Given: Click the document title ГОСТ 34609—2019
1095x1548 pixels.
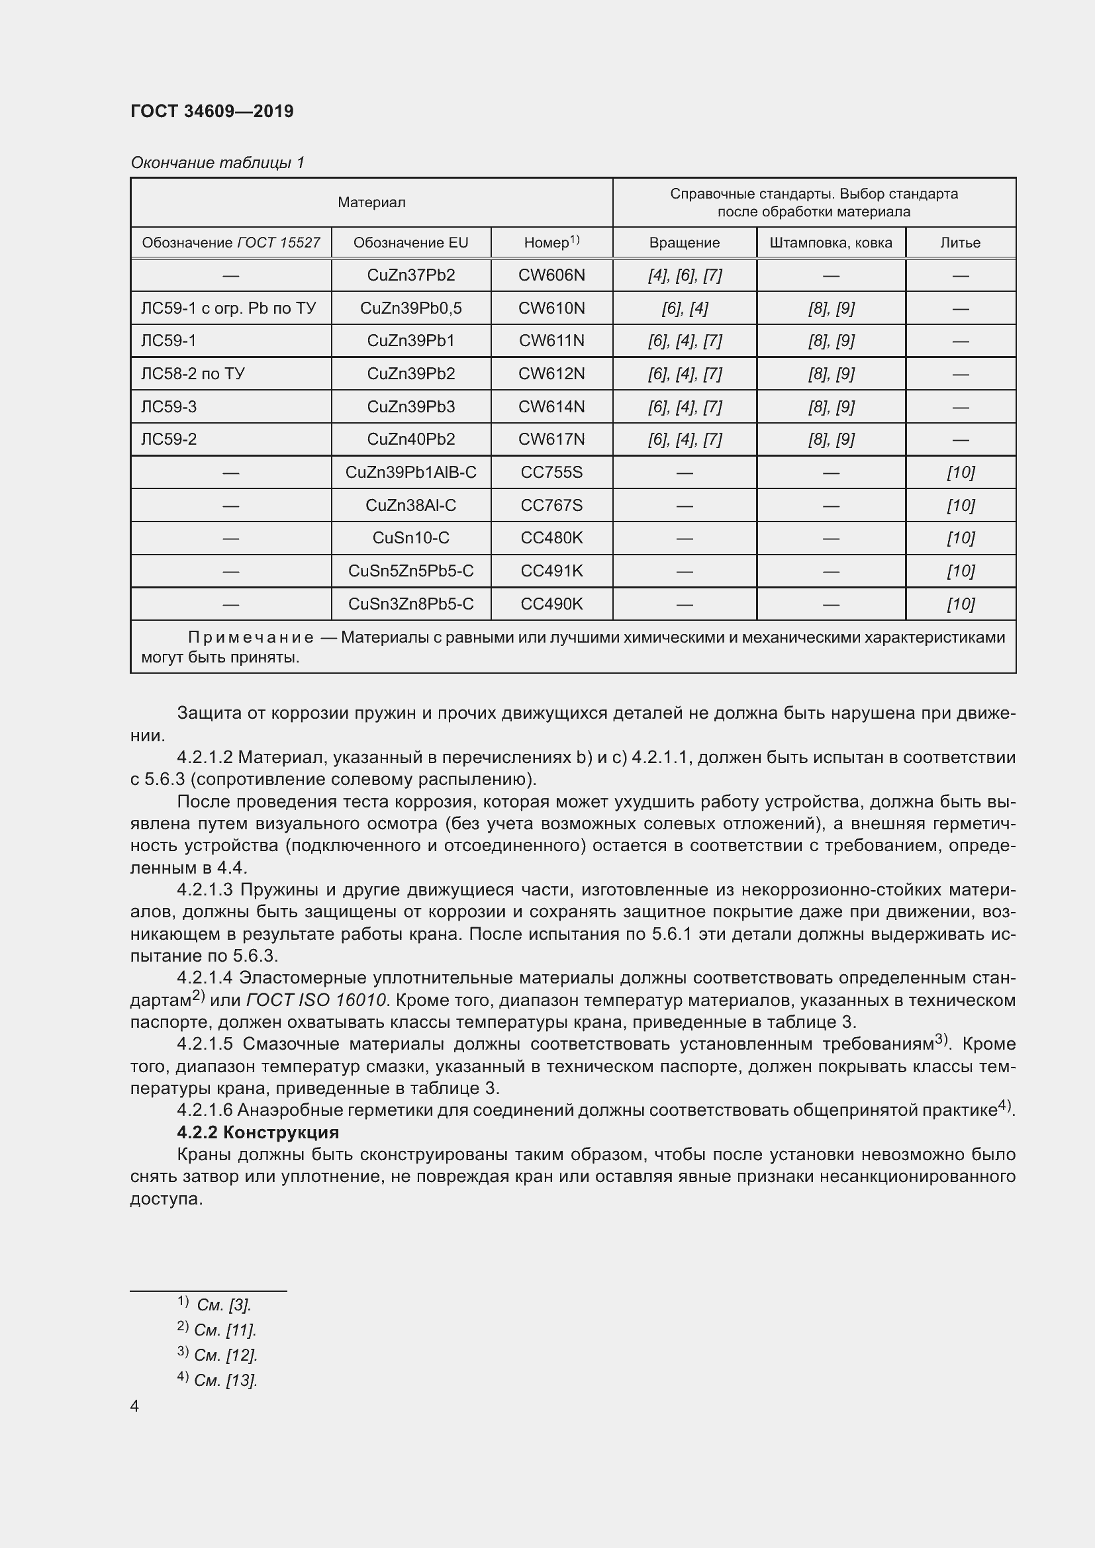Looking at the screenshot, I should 212,111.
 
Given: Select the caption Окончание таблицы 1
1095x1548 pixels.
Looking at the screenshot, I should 217,163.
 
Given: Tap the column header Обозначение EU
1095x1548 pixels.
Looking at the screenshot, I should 410,243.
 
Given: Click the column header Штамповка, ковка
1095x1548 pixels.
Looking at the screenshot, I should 830,243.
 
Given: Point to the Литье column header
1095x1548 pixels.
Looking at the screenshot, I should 959,243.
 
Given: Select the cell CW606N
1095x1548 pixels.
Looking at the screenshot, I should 551,275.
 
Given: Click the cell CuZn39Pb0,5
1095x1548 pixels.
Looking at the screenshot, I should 410,308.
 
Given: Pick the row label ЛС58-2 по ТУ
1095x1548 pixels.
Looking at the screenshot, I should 192,373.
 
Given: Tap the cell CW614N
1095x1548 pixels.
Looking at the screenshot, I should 551,406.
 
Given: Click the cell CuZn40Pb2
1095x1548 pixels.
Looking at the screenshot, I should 410,439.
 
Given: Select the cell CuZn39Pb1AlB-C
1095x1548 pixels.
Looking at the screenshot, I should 410,472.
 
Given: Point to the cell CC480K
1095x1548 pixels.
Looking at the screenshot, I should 551,538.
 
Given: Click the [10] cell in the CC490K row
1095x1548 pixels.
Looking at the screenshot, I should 959,604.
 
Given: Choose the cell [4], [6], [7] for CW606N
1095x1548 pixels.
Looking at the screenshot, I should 684,275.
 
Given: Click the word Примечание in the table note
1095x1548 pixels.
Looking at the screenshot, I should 250,638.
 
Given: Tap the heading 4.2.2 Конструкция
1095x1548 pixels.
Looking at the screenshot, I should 258,1132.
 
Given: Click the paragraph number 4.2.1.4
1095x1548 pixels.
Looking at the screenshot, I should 205,978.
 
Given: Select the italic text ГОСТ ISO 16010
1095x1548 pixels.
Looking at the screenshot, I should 316,1000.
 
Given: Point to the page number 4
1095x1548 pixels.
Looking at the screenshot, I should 134,1406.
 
